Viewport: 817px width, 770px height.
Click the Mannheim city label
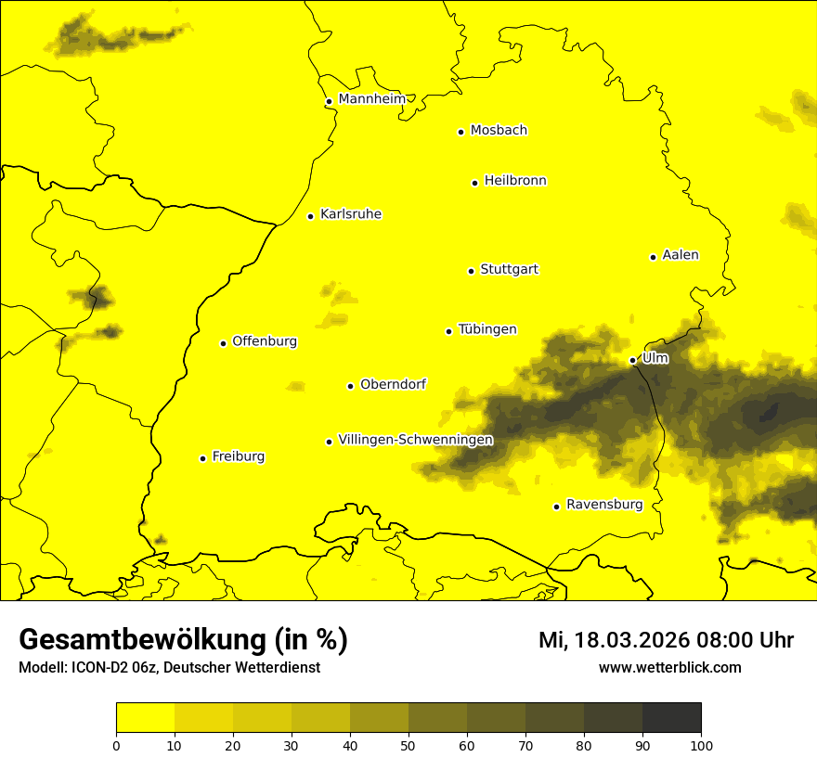pyautogui.click(x=371, y=99)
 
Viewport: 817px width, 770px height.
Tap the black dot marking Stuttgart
pyautogui.click(x=471, y=271)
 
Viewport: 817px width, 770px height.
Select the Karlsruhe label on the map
pyautogui.click(x=350, y=214)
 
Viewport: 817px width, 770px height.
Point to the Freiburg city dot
pyautogui.click(x=202, y=458)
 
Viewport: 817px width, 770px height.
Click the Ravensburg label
pyautogui.click(x=603, y=505)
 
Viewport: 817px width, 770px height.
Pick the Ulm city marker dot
pyautogui.click(x=632, y=360)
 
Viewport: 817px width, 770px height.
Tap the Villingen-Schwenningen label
pyautogui.click(x=415, y=440)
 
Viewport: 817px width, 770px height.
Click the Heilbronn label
pyautogui.click(x=514, y=181)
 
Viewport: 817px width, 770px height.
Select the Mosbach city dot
pyautogui.click(x=460, y=132)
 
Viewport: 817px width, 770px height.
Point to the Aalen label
pyautogui.click(x=680, y=255)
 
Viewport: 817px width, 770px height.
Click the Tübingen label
pyautogui.click(x=486, y=329)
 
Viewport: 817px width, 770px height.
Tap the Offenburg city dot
pyautogui.click(x=223, y=343)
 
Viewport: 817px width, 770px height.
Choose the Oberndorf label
pyautogui.click(x=393, y=384)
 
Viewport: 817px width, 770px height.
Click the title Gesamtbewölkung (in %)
pyautogui.click(x=183, y=640)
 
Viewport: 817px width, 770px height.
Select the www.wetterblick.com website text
pyautogui.click(x=669, y=667)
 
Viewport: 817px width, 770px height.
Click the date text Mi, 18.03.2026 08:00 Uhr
pyautogui.click(x=666, y=640)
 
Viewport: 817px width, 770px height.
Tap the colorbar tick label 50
pyautogui.click(x=408, y=745)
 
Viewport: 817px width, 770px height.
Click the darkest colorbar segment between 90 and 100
pyautogui.click(x=671, y=717)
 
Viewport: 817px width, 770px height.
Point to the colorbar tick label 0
pyautogui.click(x=116, y=745)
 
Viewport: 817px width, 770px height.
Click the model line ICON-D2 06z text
pyautogui.click(x=169, y=667)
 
